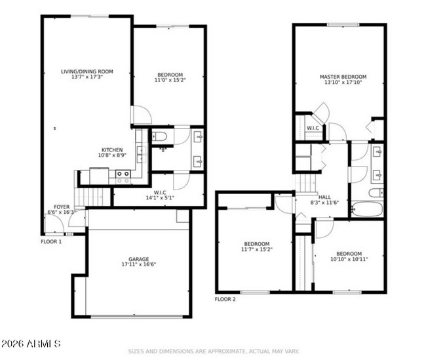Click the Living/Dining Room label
tap(87, 74)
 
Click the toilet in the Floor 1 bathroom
tap(159, 137)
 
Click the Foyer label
tap(62, 209)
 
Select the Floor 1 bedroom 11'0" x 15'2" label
tap(169, 78)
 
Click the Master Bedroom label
tap(343, 80)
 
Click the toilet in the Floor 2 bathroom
tap(376, 193)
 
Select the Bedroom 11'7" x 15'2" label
tap(257, 247)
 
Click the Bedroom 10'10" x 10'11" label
tap(349, 256)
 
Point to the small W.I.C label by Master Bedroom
tap(313, 128)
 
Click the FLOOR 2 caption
tap(225, 299)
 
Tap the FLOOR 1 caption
tap(51, 241)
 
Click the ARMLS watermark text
tap(31, 344)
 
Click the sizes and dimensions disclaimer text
tap(213, 351)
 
